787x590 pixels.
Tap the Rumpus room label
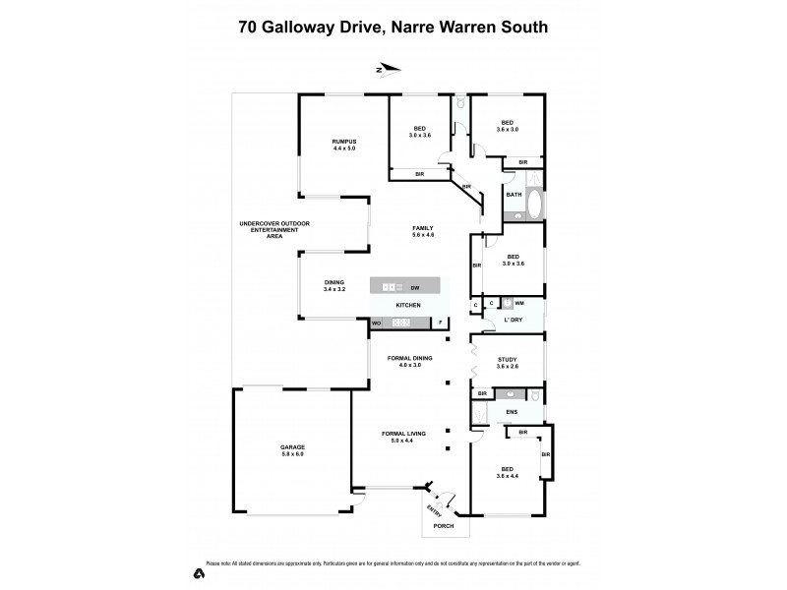coord(343,145)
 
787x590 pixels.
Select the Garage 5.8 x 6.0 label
coord(292,450)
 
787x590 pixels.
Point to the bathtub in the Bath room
coord(534,206)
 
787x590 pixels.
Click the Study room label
coord(508,362)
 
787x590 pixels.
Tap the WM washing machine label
coord(518,303)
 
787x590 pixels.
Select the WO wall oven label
coord(376,324)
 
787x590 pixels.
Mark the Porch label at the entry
coord(446,525)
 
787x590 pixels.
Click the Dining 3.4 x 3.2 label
coord(334,285)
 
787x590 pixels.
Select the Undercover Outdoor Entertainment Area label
coord(274,229)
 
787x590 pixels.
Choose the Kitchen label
coord(407,306)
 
